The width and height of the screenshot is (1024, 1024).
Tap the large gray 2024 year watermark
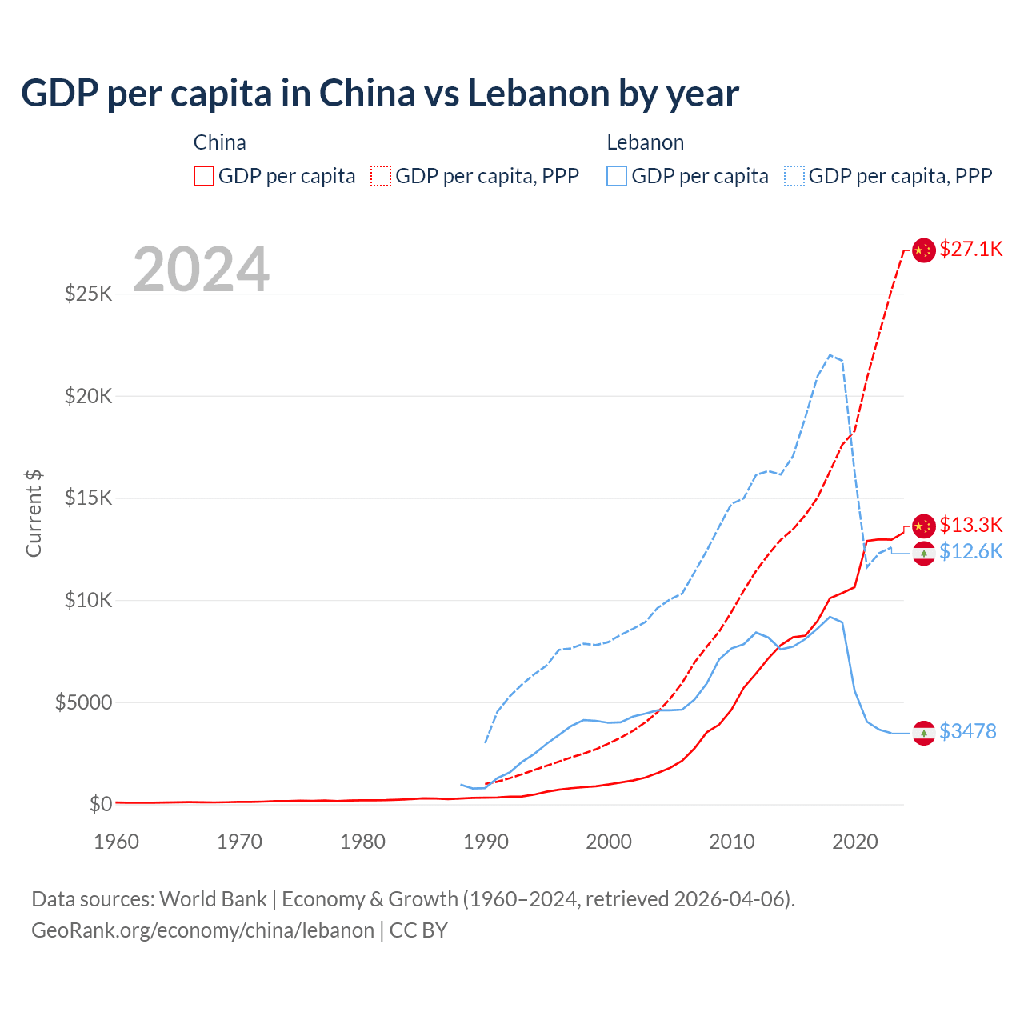click(x=201, y=270)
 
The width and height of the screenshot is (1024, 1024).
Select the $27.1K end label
click(x=970, y=249)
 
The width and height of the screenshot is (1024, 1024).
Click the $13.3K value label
click(x=970, y=525)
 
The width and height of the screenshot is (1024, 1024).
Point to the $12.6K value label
click(x=970, y=551)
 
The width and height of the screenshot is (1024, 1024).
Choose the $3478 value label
click(x=967, y=731)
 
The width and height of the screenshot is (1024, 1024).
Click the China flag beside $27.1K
click(x=924, y=250)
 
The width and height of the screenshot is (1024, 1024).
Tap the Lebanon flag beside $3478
click(x=924, y=733)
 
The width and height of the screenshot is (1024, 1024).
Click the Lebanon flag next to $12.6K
click(x=924, y=553)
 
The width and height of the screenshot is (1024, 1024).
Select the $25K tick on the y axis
click(x=89, y=294)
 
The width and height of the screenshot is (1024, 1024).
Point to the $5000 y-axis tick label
click(x=83, y=702)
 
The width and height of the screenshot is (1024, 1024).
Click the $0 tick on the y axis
click(x=100, y=804)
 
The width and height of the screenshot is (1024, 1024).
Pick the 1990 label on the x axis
click(x=486, y=842)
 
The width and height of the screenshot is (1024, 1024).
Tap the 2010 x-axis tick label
click(x=732, y=842)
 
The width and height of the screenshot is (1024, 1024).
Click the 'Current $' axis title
click(x=34, y=513)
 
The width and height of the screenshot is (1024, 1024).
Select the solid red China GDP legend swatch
click(x=204, y=176)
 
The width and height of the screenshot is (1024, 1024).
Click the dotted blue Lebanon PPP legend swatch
click(x=794, y=176)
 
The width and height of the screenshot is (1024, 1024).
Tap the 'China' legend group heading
click(x=220, y=142)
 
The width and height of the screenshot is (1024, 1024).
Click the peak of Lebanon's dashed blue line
click(x=830, y=355)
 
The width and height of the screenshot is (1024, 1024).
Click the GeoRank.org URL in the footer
click(x=202, y=930)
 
